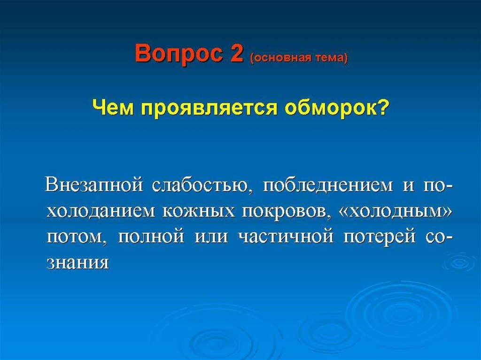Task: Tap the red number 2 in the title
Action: (237, 53)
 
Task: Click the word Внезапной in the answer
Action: (94, 185)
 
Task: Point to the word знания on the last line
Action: (78, 264)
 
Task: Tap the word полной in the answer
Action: (151, 237)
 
